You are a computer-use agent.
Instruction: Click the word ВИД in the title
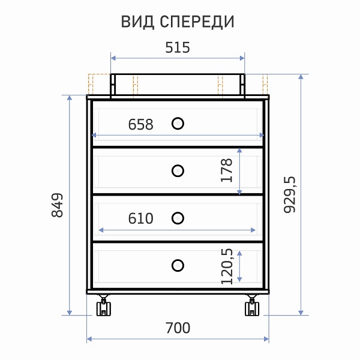[x=137, y=22]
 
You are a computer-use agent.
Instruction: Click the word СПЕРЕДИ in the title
[x=197, y=22]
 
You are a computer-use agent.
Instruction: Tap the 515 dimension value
[x=178, y=47]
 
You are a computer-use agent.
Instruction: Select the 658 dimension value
[x=140, y=124]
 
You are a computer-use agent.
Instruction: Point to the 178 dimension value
[x=226, y=170]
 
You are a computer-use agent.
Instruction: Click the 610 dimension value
[x=140, y=218]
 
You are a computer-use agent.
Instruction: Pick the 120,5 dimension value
[x=227, y=266]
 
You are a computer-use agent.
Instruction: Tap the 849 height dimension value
[x=57, y=205]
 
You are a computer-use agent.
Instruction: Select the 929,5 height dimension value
[x=290, y=194]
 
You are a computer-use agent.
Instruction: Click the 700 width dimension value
[x=178, y=328]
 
